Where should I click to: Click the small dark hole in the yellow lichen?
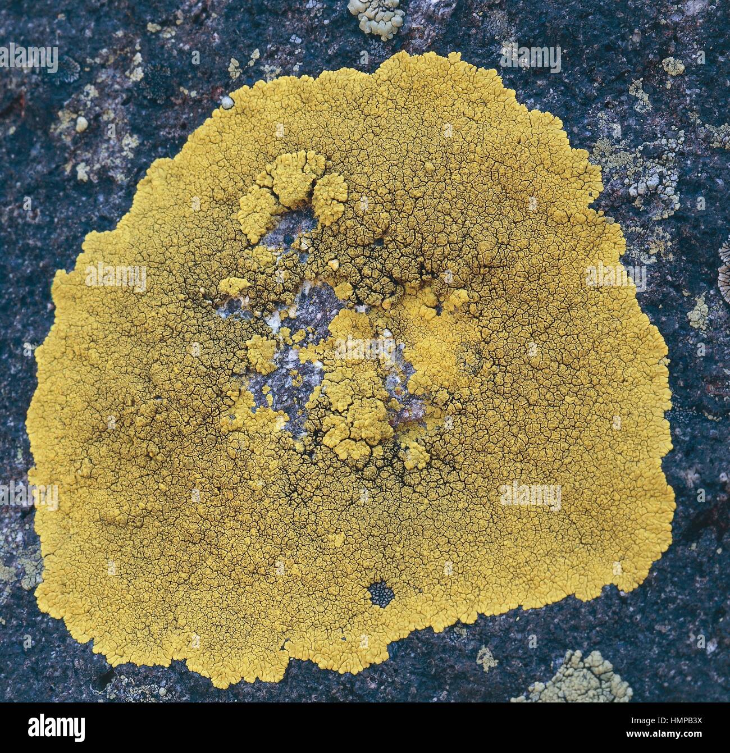click(x=381, y=592)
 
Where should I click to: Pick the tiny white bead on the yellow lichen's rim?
click(x=226, y=102)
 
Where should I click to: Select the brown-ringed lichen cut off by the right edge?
click(x=724, y=269)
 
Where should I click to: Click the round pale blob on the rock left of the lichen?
click(x=82, y=123)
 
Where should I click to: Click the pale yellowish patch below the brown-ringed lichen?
click(x=699, y=311)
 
